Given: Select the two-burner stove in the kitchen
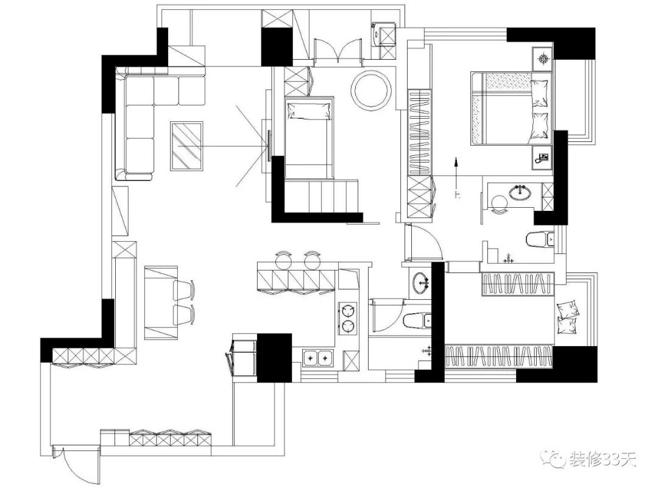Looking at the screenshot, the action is [x=347, y=318].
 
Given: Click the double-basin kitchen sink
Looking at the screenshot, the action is [x=318, y=358].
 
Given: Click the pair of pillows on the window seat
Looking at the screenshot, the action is [x=568, y=317].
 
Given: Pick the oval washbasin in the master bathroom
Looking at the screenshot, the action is [x=520, y=193].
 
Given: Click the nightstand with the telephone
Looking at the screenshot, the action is [x=541, y=157].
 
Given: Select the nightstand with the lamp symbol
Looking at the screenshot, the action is [x=542, y=60].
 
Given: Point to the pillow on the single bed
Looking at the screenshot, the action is [x=310, y=110].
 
